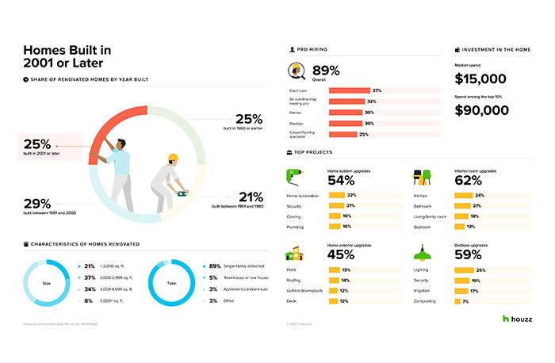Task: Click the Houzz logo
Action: [x=516, y=319]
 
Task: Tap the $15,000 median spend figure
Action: [x=480, y=78]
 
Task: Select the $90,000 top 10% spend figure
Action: [x=481, y=110]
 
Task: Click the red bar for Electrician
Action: [x=349, y=91]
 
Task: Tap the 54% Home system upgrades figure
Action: [x=341, y=180]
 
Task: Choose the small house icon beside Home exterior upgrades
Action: [x=294, y=252]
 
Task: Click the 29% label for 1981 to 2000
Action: [x=36, y=204]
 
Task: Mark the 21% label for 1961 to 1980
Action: [x=251, y=197]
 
